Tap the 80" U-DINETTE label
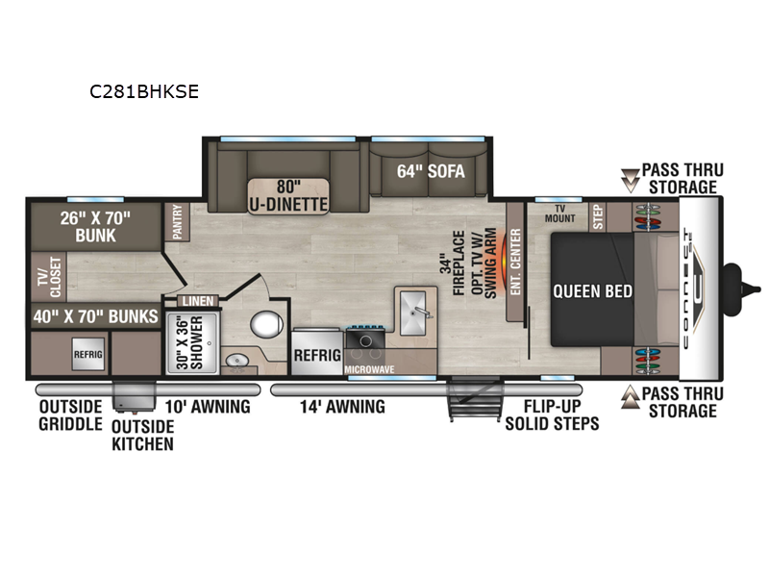click(x=288, y=194)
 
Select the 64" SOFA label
click(x=431, y=172)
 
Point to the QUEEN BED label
click(x=592, y=290)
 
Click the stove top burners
click(x=365, y=339)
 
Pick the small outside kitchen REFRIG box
click(x=87, y=354)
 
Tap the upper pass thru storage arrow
click(x=631, y=178)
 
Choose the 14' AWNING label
click(x=342, y=407)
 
